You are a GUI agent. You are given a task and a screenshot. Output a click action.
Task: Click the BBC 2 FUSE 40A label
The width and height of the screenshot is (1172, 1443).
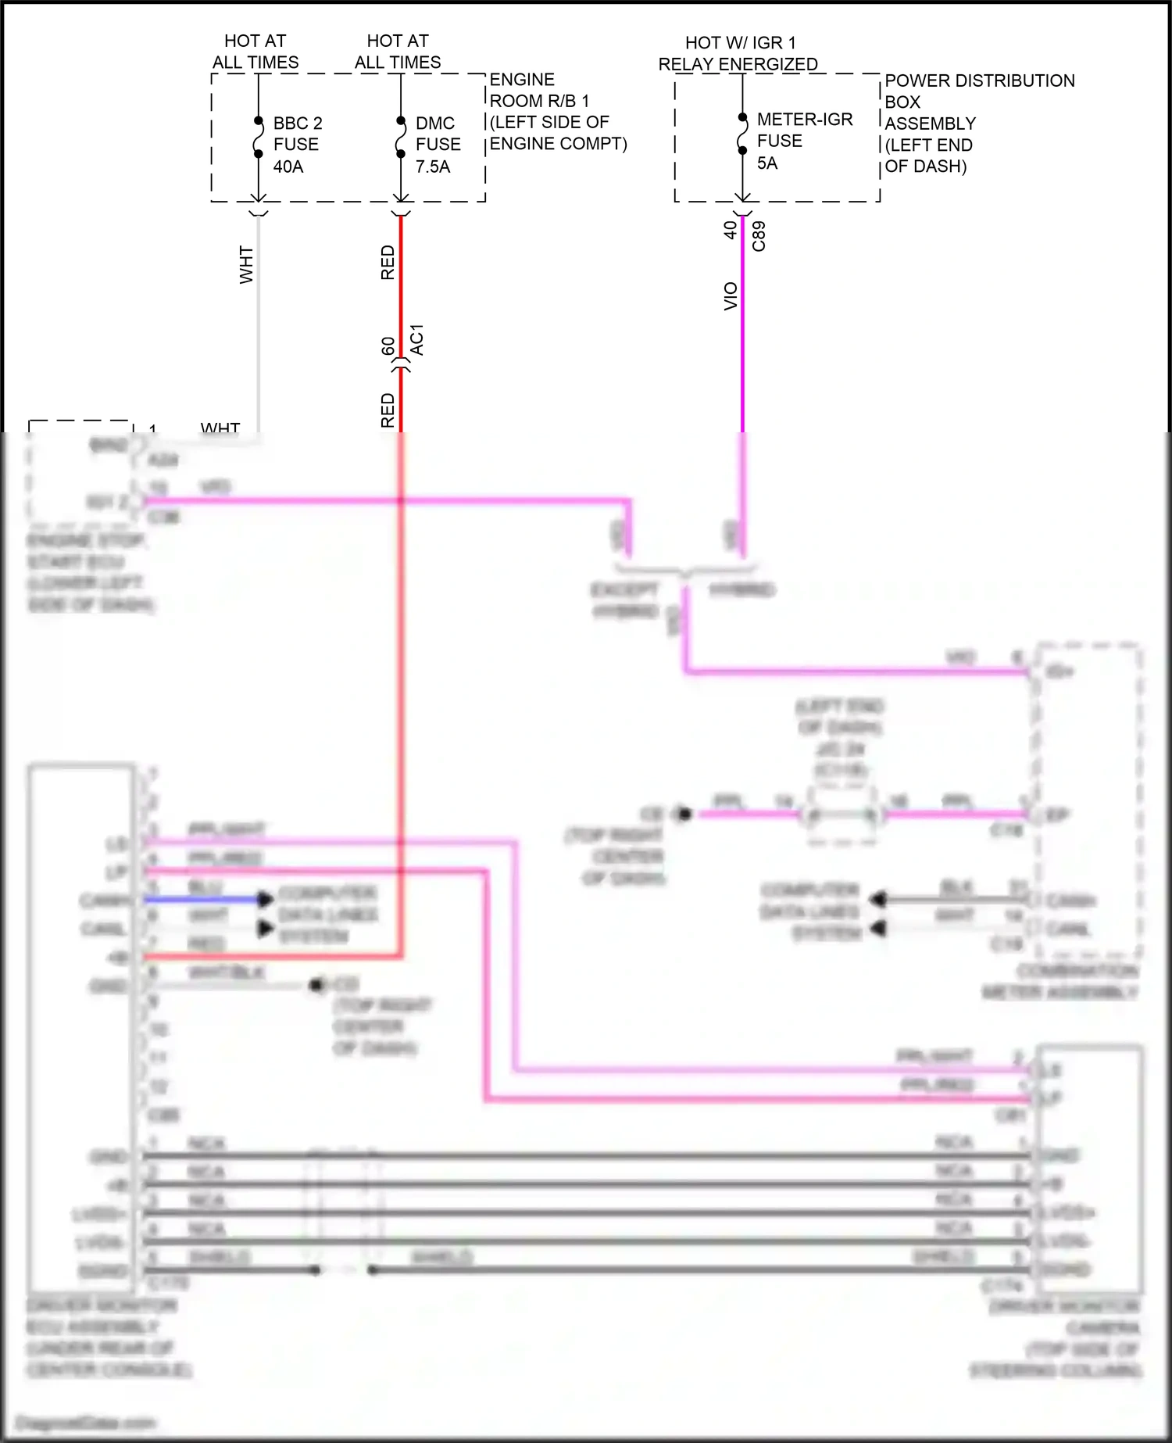[297, 145]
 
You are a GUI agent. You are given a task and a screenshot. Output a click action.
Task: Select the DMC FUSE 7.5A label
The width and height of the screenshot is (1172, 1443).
[438, 145]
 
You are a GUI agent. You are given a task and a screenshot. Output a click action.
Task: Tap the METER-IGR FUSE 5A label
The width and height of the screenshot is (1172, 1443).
[804, 141]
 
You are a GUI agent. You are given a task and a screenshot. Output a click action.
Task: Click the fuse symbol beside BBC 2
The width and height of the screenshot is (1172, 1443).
[258, 138]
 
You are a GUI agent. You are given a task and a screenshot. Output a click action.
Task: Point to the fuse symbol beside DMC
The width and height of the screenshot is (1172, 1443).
[401, 138]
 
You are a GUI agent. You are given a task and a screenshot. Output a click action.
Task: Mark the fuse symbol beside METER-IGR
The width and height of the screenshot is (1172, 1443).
[742, 134]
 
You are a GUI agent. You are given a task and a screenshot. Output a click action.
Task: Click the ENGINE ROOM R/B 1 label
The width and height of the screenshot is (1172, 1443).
[557, 112]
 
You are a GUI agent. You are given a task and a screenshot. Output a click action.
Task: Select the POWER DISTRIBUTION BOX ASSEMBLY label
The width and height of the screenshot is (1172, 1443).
[978, 123]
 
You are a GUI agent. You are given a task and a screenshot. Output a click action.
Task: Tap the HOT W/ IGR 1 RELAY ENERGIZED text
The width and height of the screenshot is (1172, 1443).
[738, 53]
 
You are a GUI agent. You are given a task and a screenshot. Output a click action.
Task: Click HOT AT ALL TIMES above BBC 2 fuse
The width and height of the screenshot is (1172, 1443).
[255, 52]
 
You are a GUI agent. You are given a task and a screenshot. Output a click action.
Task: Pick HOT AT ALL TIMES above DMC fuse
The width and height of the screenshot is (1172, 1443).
[398, 52]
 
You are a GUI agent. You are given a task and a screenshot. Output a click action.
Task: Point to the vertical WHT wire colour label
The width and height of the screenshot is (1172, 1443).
[246, 265]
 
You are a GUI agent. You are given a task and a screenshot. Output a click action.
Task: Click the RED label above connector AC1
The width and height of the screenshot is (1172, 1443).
[388, 263]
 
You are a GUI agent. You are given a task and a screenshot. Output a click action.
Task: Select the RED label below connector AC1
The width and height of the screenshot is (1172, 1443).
[388, 410]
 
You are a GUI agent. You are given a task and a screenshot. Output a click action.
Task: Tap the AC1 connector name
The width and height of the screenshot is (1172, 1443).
[417, 340]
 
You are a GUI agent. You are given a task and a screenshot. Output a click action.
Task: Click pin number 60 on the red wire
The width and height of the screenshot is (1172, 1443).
[388, 346]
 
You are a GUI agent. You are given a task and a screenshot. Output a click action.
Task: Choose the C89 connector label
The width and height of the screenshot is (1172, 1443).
[758, 236]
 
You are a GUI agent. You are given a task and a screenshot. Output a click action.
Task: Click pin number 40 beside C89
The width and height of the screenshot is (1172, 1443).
[730, 230]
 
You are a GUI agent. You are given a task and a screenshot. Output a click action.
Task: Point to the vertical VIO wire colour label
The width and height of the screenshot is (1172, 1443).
[731, 296]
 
